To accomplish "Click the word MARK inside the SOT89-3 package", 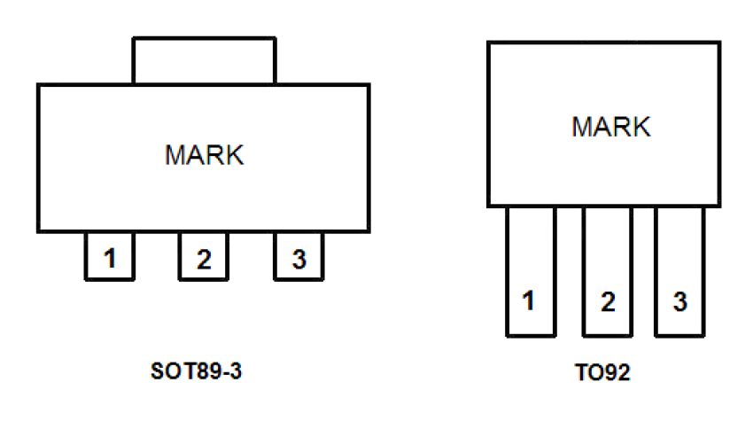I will [204, 155].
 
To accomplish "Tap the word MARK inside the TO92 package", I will [611, 127].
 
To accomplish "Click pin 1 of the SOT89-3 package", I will [109, 259].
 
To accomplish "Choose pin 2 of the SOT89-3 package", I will [204, 259].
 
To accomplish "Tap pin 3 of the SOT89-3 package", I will [299, 259].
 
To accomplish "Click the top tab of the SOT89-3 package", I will [204, 60].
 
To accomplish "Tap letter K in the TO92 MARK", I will [641, 127].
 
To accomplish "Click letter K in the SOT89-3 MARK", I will [234, 155].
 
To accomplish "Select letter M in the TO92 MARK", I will [582, 127].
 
